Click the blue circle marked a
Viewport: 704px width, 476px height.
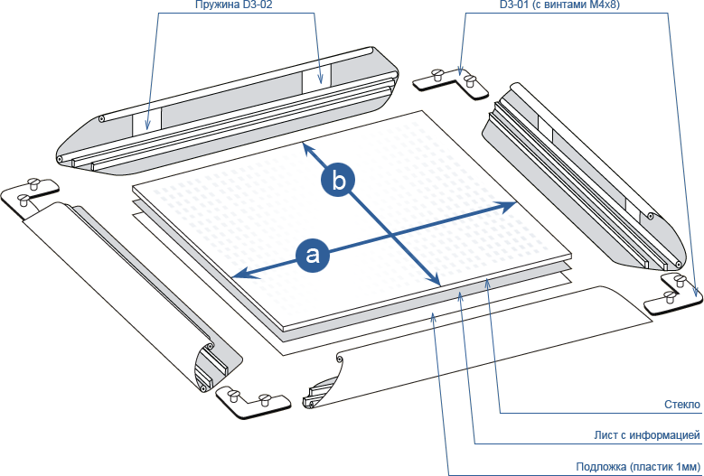(313, 254)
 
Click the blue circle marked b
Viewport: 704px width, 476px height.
(338, 181)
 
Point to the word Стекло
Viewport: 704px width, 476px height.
(681, 404)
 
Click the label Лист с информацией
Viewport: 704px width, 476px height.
(647, 435)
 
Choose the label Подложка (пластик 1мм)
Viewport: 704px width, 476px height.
(638, 467)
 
